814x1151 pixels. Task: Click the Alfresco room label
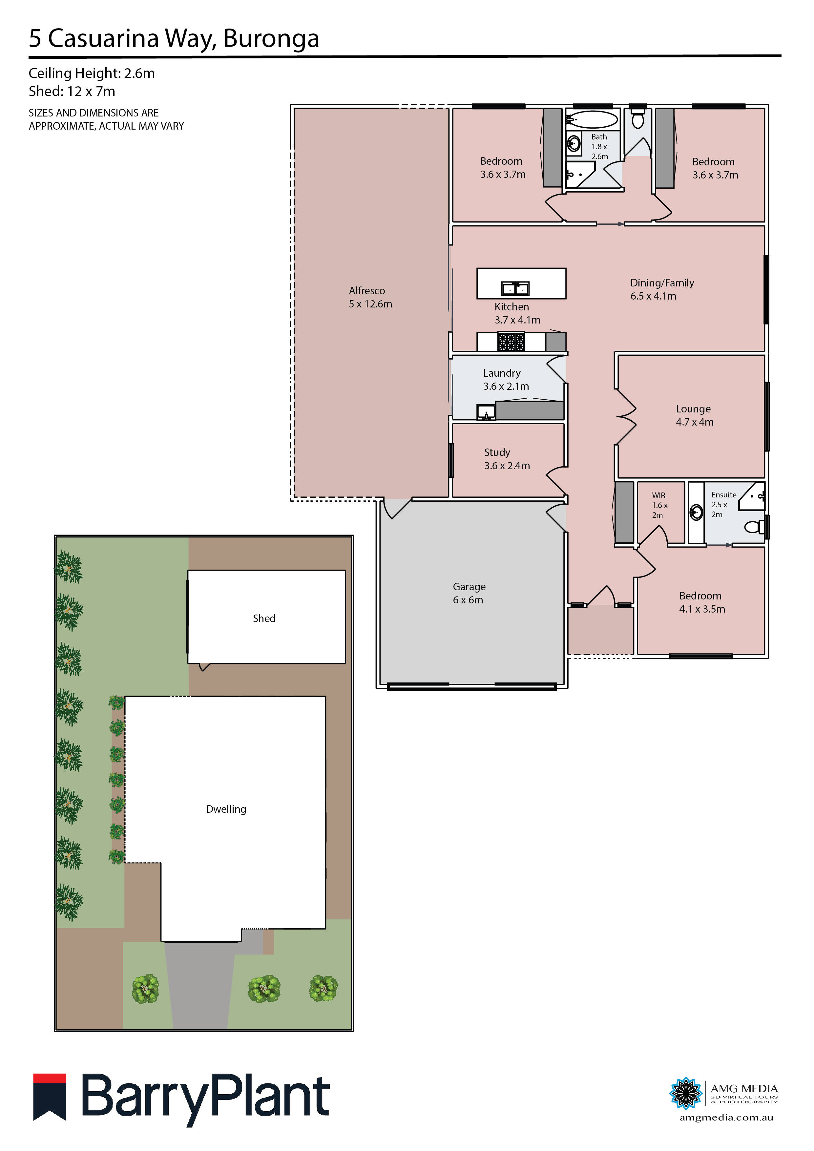click(370, 297)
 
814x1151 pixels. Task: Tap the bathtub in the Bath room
click(595, 120)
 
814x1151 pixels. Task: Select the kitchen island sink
click(515, 289)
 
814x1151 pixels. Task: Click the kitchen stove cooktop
click(511, 342)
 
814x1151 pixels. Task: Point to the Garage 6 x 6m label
click(469, 593)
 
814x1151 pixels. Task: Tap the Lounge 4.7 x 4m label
click(694, 415)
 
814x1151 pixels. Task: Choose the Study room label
click(506, 459)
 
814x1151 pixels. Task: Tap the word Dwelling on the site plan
click(226, 808)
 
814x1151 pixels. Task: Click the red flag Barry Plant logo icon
click(50, 1096)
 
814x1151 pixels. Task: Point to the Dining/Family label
click(662, 289)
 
